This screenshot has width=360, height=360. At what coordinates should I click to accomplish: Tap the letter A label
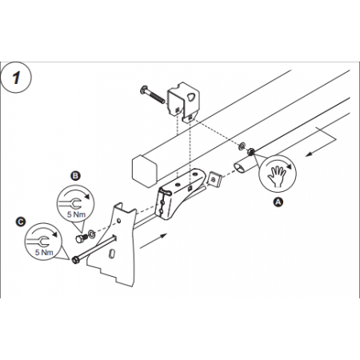tap(278, 203)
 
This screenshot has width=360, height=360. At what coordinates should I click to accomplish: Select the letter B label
tap(74, 174)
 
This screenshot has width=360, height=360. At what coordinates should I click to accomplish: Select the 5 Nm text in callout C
tap(43, 252)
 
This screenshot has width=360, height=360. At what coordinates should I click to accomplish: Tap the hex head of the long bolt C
tap(76, 258)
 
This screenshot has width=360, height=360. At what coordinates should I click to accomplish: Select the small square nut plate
tap(214, 179)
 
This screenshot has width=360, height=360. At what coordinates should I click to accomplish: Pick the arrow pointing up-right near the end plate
tap(160, 236)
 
